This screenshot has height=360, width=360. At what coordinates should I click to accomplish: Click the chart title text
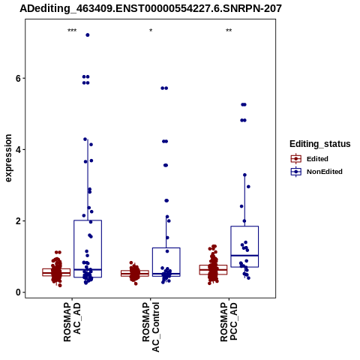coord(151,8)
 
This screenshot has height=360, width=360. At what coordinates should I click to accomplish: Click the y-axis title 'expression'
coord(8,158)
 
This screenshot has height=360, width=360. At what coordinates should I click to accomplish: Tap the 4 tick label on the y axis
coord(18,150)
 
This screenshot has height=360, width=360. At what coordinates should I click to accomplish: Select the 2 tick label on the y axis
coord(18,221)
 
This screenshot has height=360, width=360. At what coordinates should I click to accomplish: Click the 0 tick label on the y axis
coord(18,292)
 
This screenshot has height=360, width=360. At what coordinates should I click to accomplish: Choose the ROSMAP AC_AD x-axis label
coord(72,322)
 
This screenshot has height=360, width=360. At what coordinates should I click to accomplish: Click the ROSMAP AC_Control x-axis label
coord(151,327)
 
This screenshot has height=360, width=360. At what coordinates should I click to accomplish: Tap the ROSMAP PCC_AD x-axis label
coord(229,322)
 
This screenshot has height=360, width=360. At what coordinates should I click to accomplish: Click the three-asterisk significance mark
coord(72,31)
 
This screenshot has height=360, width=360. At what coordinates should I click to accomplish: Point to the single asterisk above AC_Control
coord(151,31)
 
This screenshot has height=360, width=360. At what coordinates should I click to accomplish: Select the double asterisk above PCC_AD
coord(229,31)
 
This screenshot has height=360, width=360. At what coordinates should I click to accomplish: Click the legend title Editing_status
coord(320,144)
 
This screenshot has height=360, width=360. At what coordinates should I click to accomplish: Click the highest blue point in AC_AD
coord(88,35)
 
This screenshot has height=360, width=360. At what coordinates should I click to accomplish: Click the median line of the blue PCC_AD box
coord(244,256)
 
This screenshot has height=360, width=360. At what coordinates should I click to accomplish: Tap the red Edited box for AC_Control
coord(135,273)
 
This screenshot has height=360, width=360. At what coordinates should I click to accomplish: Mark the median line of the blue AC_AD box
coord(88,269)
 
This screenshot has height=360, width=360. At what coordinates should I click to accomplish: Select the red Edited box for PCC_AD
coord(213,270)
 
